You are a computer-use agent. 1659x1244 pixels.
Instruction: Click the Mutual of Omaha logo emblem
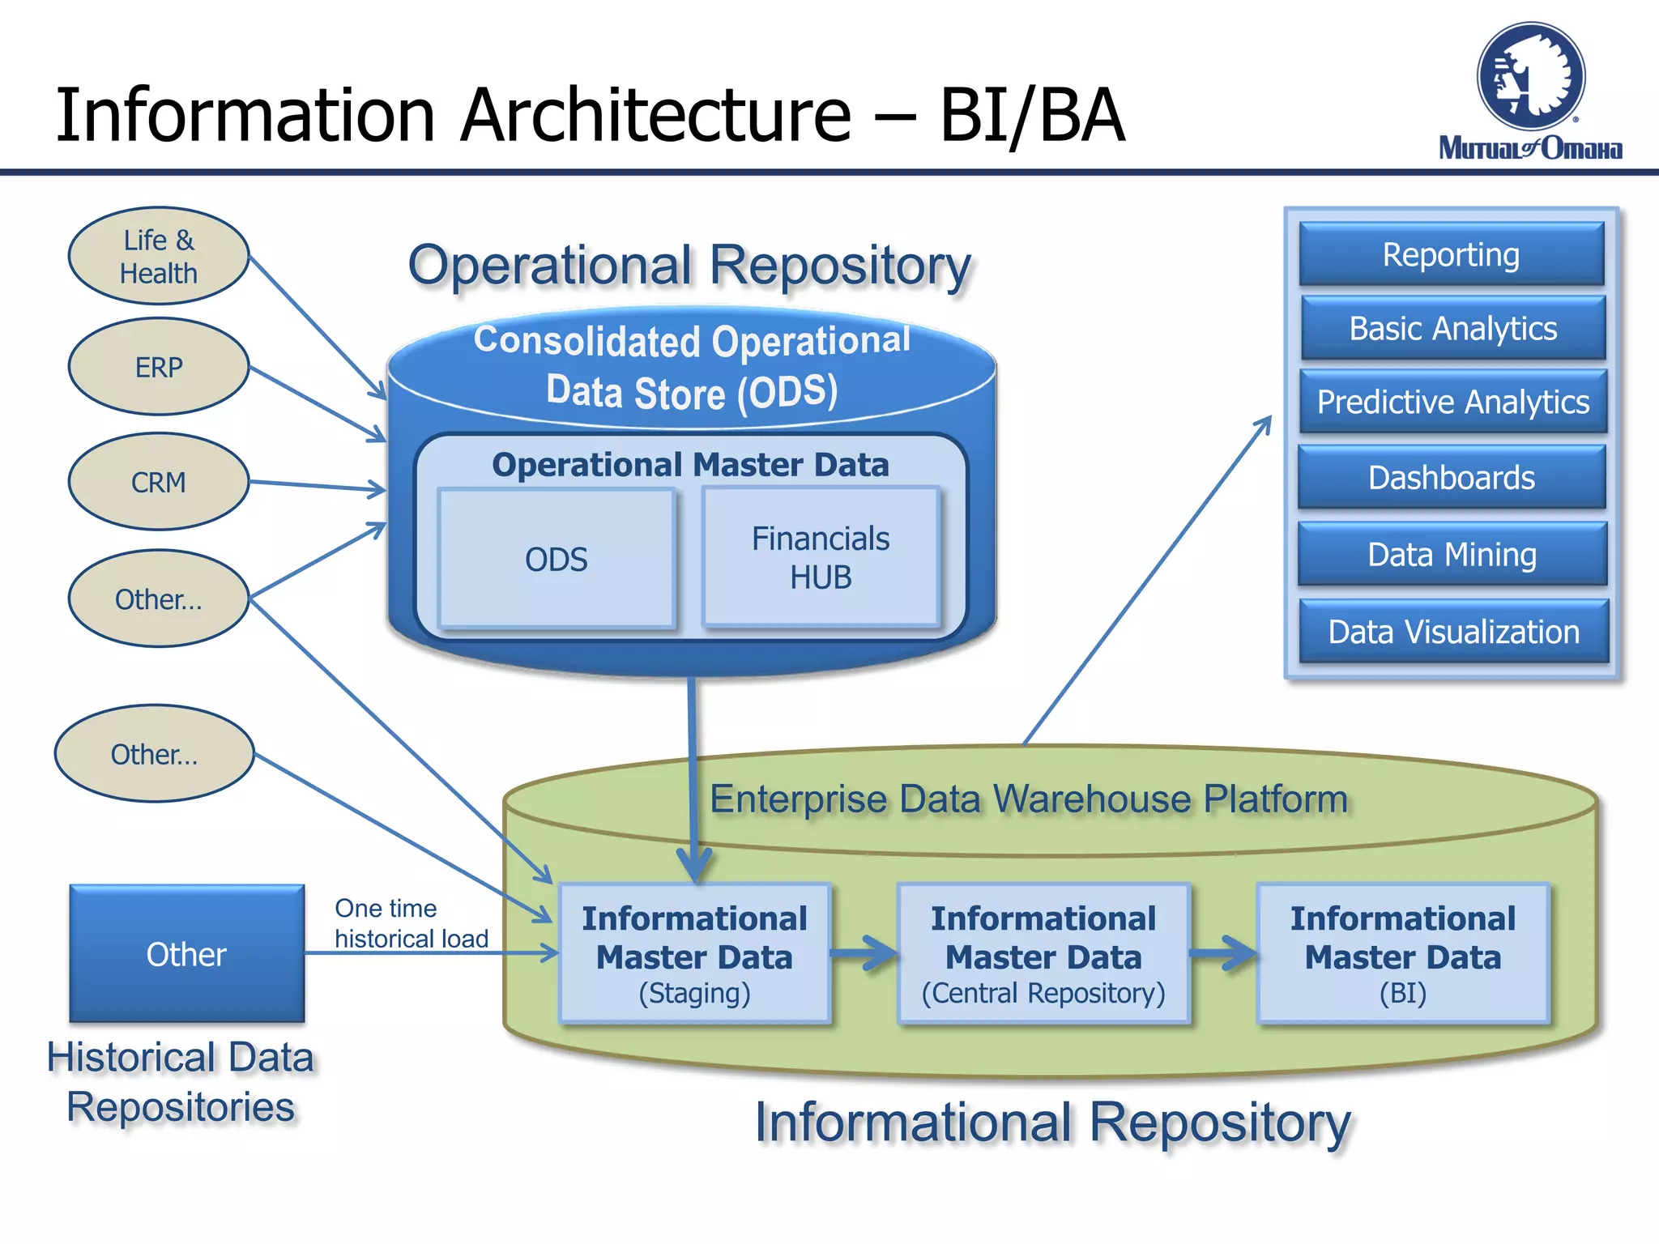pos(1530,77)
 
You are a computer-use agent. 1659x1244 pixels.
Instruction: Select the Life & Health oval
pos(159,256)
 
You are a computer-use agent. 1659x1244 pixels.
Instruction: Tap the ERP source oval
pos(159,367)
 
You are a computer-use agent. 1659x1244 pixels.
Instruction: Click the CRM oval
pos(159,482)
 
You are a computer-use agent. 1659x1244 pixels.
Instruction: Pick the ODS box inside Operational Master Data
pos(556,559)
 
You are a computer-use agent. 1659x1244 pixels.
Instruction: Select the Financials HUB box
pos(821,557)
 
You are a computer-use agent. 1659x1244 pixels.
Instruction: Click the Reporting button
pos(1451,254)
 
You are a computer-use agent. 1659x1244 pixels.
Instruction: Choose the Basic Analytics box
pos(1452,328)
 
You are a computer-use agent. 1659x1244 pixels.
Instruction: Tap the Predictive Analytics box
pos(1452,402)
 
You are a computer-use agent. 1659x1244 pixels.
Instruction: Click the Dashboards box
pos(1451,477)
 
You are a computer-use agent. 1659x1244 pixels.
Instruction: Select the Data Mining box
pos(1452,554)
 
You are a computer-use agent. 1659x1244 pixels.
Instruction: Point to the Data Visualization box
pos(1453,631)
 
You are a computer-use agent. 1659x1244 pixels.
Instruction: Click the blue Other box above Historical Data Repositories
pos(186,954)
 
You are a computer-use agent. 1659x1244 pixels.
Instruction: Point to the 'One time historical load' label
pos(411,923)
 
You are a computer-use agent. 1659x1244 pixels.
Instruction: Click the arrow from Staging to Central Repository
pos(864,953)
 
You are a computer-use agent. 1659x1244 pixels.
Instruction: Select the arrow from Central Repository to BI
pos(1223,953)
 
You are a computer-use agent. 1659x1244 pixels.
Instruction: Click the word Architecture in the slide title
pos(656,115)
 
